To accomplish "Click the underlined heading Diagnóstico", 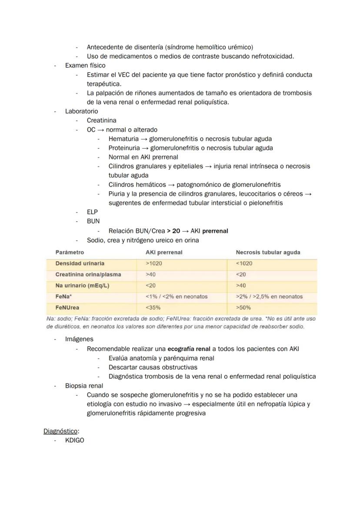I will (x=61, y=431).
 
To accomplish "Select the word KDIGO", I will (x=74, y=440).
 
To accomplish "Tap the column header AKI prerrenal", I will (x=164, y=252).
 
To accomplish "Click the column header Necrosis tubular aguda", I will (x=268, y=252).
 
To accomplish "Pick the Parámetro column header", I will (x=70, y=252).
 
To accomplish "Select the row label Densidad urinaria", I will (x=80, y=263).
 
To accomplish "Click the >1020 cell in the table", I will (x=155, y=263).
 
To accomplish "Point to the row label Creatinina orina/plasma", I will (x=88, y=275).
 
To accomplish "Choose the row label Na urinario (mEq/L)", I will (x=82, y=286).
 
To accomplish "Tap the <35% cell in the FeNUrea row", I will (x=153, y=308).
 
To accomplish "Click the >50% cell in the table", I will (x=243, y=308).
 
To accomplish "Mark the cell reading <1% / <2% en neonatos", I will (x=177, y=296).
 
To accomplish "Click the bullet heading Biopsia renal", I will (x=84, y=385).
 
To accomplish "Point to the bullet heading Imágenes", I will (x=79, y=339).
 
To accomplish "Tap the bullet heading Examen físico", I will (x=85, y=65).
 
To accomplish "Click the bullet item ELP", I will (x=92, y=212).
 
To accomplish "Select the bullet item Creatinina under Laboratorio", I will (x=101, y=120).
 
